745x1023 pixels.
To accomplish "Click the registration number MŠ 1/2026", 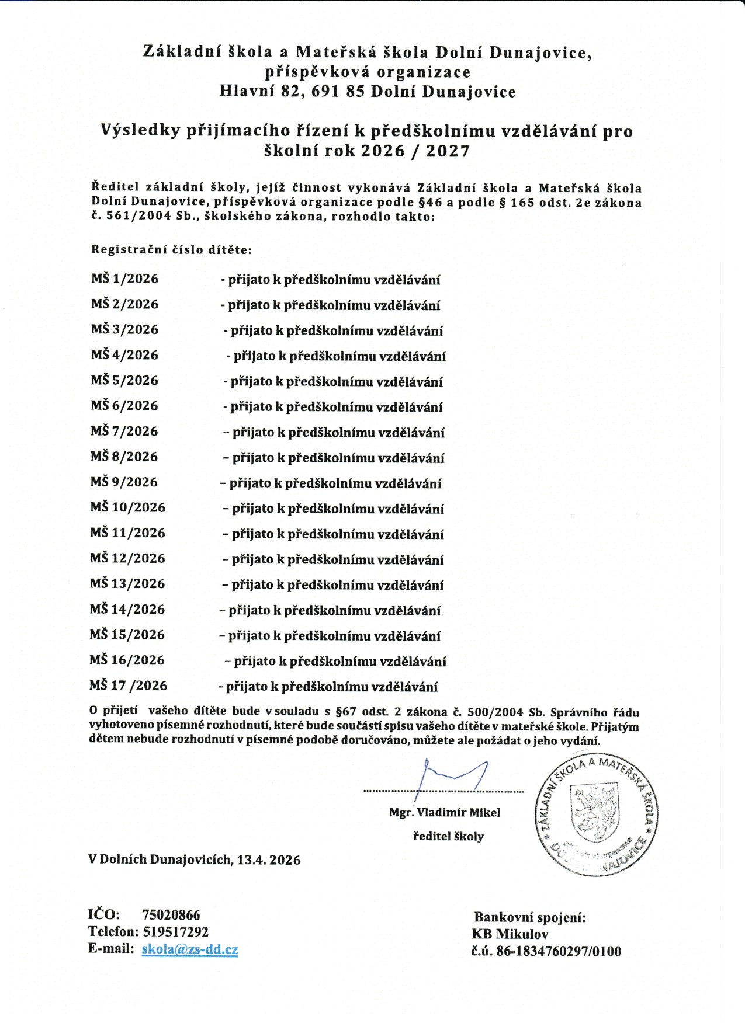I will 124,279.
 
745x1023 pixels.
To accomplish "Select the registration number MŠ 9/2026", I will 124,482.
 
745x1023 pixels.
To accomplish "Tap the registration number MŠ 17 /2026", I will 128,685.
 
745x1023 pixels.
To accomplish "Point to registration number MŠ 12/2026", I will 127,558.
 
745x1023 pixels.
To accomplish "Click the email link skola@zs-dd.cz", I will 189,949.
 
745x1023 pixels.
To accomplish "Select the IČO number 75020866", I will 171,915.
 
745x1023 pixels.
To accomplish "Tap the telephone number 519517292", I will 175,931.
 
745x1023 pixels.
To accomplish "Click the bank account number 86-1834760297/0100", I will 558,951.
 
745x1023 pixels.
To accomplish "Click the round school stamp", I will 596,815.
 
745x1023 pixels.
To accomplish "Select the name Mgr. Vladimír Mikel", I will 445,812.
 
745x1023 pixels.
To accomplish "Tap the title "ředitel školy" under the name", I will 448,836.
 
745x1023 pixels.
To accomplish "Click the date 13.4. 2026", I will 269,860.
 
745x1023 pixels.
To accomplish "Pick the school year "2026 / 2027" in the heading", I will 415,151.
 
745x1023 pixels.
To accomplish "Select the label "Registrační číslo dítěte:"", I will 171,249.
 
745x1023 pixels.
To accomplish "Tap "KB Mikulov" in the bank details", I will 510,934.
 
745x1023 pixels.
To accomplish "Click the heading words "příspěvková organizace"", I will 368,72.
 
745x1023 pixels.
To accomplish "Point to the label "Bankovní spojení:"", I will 529,917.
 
